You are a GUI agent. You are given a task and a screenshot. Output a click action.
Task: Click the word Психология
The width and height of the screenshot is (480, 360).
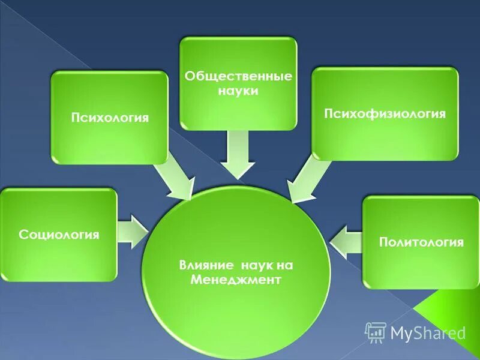coord(109,117)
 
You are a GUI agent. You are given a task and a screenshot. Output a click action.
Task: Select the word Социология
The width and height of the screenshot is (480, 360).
coord(59,234)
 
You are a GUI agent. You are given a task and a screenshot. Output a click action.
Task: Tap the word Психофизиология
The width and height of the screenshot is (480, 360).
coord(385,113)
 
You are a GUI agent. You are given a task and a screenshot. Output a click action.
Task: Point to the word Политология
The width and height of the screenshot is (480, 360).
coord(421,242)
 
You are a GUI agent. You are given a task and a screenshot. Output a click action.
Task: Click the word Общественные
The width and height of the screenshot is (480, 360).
coord(238,77)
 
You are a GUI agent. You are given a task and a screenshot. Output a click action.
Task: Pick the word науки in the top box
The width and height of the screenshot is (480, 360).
coord(238,91)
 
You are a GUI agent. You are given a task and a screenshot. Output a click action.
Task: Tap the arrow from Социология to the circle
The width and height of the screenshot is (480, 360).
coord(133,231)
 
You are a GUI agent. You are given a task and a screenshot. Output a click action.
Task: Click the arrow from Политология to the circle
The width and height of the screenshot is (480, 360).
coord(346,241)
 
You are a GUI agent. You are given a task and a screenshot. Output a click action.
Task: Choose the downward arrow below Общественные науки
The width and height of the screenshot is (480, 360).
coord(238,153)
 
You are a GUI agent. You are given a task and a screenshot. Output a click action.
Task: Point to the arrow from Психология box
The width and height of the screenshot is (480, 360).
coord(173,177)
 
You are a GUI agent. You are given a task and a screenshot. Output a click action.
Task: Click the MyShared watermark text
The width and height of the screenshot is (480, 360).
coord(428,332)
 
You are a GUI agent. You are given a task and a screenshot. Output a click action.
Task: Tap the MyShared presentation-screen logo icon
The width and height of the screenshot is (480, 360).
coord(375,331)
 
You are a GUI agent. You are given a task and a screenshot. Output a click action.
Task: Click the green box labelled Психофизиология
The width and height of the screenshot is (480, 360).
coord(385,138)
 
